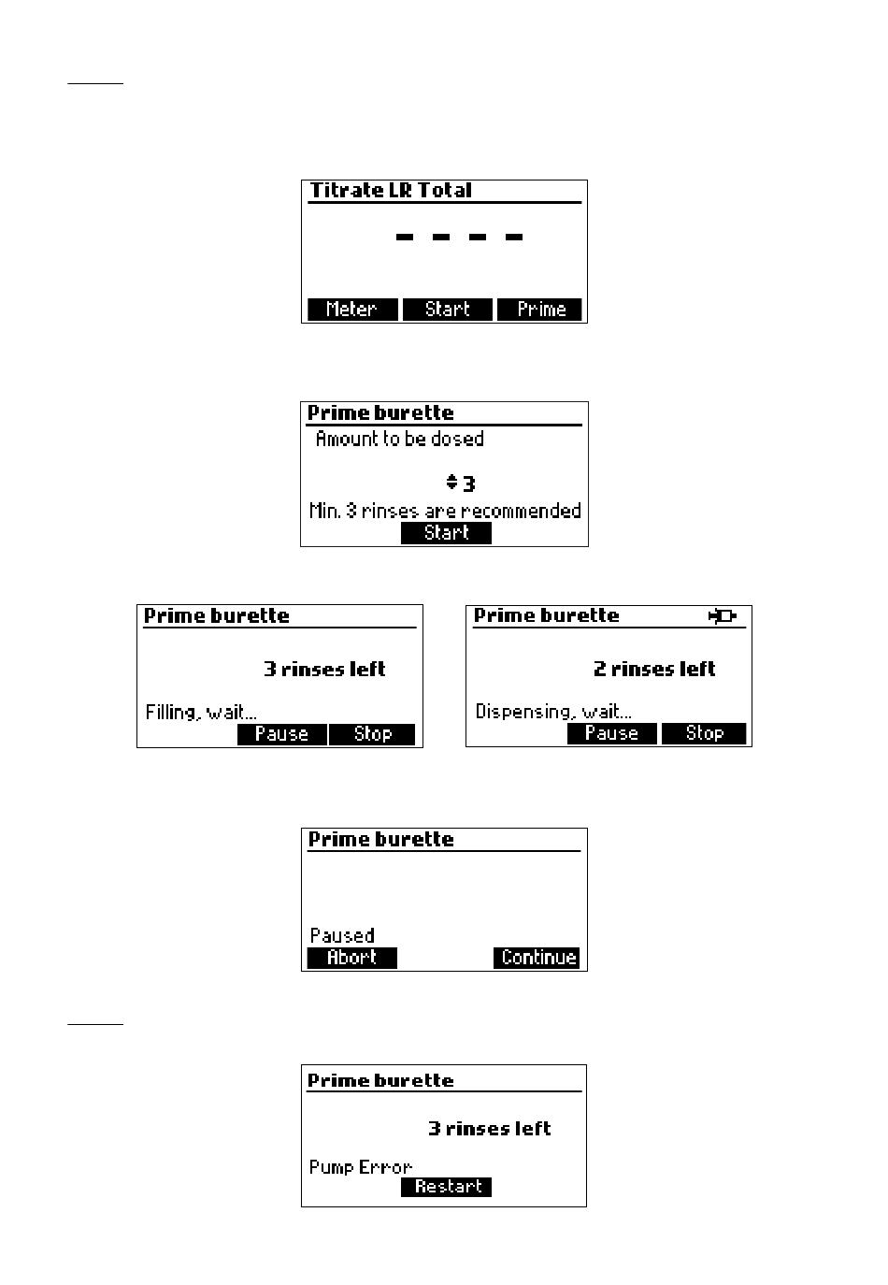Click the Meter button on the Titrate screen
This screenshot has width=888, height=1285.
pyautogui.click(x=352, y=310)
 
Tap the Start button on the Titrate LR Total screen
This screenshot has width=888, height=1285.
pyautogui.click(x=447, y=310)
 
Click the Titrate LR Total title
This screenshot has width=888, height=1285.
pyautogui.click(x=391, y=190)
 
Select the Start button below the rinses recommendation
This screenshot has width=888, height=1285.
pyautogui.click(x=446, y=532)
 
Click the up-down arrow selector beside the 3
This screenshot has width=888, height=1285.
pyautogui.click(x=451, y=482)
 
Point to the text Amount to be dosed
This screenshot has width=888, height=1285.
pyautogui.click(x=399, y=439)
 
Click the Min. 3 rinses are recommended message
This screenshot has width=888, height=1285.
pyautogui.click(x=445, y=511)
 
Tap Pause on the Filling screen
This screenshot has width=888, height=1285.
pyautogui.click(x=282, y=734)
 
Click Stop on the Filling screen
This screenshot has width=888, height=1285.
pyautogui.click(x=372, y=734)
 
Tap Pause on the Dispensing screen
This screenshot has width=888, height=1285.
pyautogui.click(x=611, y=734)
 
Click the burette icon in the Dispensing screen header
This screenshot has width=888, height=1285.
pyautogui.click(x=723, y=616)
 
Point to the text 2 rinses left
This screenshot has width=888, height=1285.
pyautogui.click(x=654, y=669)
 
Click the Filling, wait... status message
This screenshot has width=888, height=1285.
pyautogui.click(x=201, y=713)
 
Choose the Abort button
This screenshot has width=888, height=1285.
pyautogui.click(x=352, y=958)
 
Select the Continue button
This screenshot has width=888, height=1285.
pyautogui.click(x=537, y=958)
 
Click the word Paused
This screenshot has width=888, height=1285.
pyautogui.click(x=342, y=935)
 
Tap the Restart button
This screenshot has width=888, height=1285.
pyautogui.click(x=446, y=1186)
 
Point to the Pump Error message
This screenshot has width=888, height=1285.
pyautogui.click(x=360, y=1167)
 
